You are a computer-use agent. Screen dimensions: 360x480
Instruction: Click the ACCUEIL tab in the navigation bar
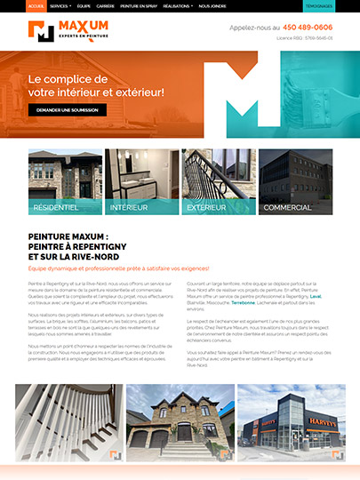pos(36,5)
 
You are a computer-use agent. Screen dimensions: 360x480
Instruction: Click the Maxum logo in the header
pos(68,32)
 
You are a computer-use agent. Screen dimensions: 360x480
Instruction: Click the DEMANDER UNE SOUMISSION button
pos(67,110)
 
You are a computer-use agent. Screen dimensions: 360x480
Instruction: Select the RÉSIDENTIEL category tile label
pos(56,207)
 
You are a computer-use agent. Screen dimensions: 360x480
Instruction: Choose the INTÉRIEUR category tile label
pos(130,207)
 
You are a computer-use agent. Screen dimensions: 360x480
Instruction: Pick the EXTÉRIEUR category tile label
pos(207,207)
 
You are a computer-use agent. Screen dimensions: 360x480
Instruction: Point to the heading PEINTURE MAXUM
pos(69,236)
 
